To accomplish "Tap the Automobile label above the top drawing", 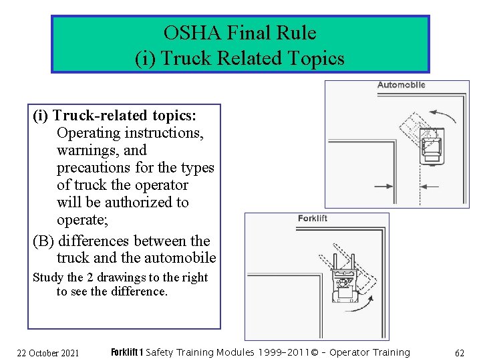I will [x=401, y=85].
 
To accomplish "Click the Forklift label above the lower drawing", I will [x=313, y=218].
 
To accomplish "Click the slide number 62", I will [x=459, y=352].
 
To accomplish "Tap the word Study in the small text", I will [x=48, y=277].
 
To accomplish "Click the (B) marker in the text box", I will [x=43, y=241].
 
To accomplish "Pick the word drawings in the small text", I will [x=120, y=277].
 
